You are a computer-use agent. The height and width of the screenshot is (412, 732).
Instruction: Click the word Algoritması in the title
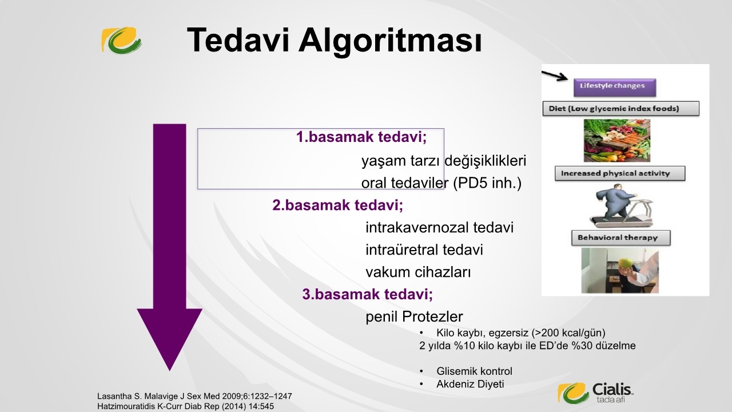pyautogui.click(x=390, y=41)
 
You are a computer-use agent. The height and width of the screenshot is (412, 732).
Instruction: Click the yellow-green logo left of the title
pyautogui.click(x=121, y=41)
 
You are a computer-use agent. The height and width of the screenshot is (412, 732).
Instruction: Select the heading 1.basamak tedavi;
pyautogui.click(x=361, y=137)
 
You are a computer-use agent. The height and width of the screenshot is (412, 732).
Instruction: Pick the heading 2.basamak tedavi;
pyautogui.click(x=338, y=205)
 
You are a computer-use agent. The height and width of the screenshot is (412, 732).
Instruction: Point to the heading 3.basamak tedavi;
pyautogui.click(x=368, y=294)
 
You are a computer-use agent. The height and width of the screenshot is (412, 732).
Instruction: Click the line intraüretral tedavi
pyautogui.click(x=424, y=250)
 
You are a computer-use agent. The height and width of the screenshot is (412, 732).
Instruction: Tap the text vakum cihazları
pyautogui.click(x=418, y=272)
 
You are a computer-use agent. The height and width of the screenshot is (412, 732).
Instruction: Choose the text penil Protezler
pyautogui.click(x=415, y=316)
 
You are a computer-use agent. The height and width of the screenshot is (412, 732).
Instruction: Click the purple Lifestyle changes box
pyautogui.click(x=615, y=88)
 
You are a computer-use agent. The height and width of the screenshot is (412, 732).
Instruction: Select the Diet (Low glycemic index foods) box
pyautogui.click(x=621, y=109)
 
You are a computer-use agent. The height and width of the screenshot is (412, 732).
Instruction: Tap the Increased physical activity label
pyautogui.click(x=620, y=173)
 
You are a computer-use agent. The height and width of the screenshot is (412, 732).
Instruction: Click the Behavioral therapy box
pyautogui.click(x=621, y=237)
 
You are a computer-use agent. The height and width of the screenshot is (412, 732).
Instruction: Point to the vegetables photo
pyautogui.click(x=617, y=140)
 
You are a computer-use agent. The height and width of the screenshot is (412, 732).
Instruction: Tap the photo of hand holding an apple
pyautogui.click(x=620, y=270)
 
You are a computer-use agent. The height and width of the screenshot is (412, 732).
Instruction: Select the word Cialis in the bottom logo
pyautogui.click(x=612, y=390)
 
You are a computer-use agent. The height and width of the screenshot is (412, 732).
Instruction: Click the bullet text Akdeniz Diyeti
pyautogui.click(x=470, y=384)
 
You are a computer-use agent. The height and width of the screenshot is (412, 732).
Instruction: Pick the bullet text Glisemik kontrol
pyautogui.click(x=475, y=371)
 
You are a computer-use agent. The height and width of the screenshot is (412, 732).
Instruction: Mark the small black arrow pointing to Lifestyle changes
pyautogui.click(x=555, y=76)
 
